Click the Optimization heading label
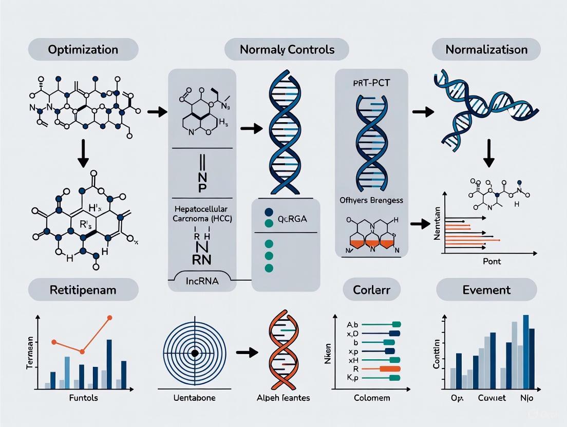[83, 50]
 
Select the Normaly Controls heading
[287, 50]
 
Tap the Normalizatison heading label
[486, 50]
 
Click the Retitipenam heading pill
[83, 289]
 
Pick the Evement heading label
[486, 289]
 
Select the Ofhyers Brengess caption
[371, 200]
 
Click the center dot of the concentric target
[195, 353]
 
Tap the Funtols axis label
[83, 398]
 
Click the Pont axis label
[492, 261]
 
